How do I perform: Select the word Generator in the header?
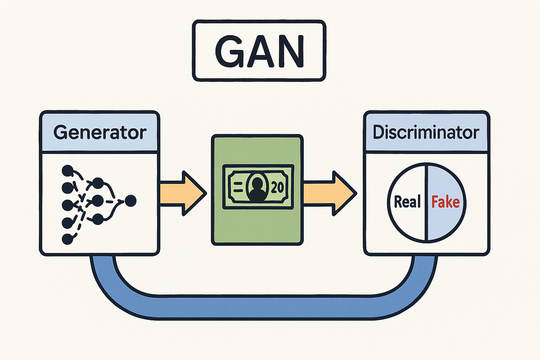pos(100,133)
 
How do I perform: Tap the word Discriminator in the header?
pos(426,133)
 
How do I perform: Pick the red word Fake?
pos(445,202)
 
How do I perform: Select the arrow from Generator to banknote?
pos(182,193)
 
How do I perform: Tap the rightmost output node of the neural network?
pos(131,201)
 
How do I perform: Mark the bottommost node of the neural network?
pos(67,239)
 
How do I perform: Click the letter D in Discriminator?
pos(380,133)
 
